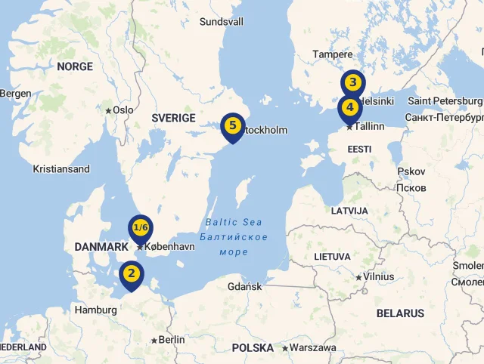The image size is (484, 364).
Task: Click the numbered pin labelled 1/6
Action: (140, 228)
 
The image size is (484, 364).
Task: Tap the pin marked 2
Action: (132, 273)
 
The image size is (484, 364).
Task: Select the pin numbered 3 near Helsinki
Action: (352, 83)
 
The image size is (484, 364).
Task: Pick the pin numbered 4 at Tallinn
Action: (349, 107)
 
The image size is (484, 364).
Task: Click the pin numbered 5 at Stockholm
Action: (232, 126)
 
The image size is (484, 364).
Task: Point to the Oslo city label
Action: (123, 110)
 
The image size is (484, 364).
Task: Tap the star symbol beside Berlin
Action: (154, 341)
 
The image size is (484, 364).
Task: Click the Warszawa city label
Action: (313, 348)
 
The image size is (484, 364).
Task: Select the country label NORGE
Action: (75, 66)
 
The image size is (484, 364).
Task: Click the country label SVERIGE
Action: (173, 118)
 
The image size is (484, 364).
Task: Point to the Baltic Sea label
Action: (234, 222)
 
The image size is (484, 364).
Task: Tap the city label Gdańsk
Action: (244, 286)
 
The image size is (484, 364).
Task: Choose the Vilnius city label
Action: (378, 276)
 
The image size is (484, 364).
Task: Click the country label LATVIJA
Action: (349, 210)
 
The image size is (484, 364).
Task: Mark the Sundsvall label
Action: (222, 22)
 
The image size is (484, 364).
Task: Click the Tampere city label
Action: (333, 54)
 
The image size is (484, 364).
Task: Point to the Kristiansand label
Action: (61, 169)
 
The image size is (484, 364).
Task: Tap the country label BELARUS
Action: (400, 313)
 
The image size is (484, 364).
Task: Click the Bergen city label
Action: (16, 94)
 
